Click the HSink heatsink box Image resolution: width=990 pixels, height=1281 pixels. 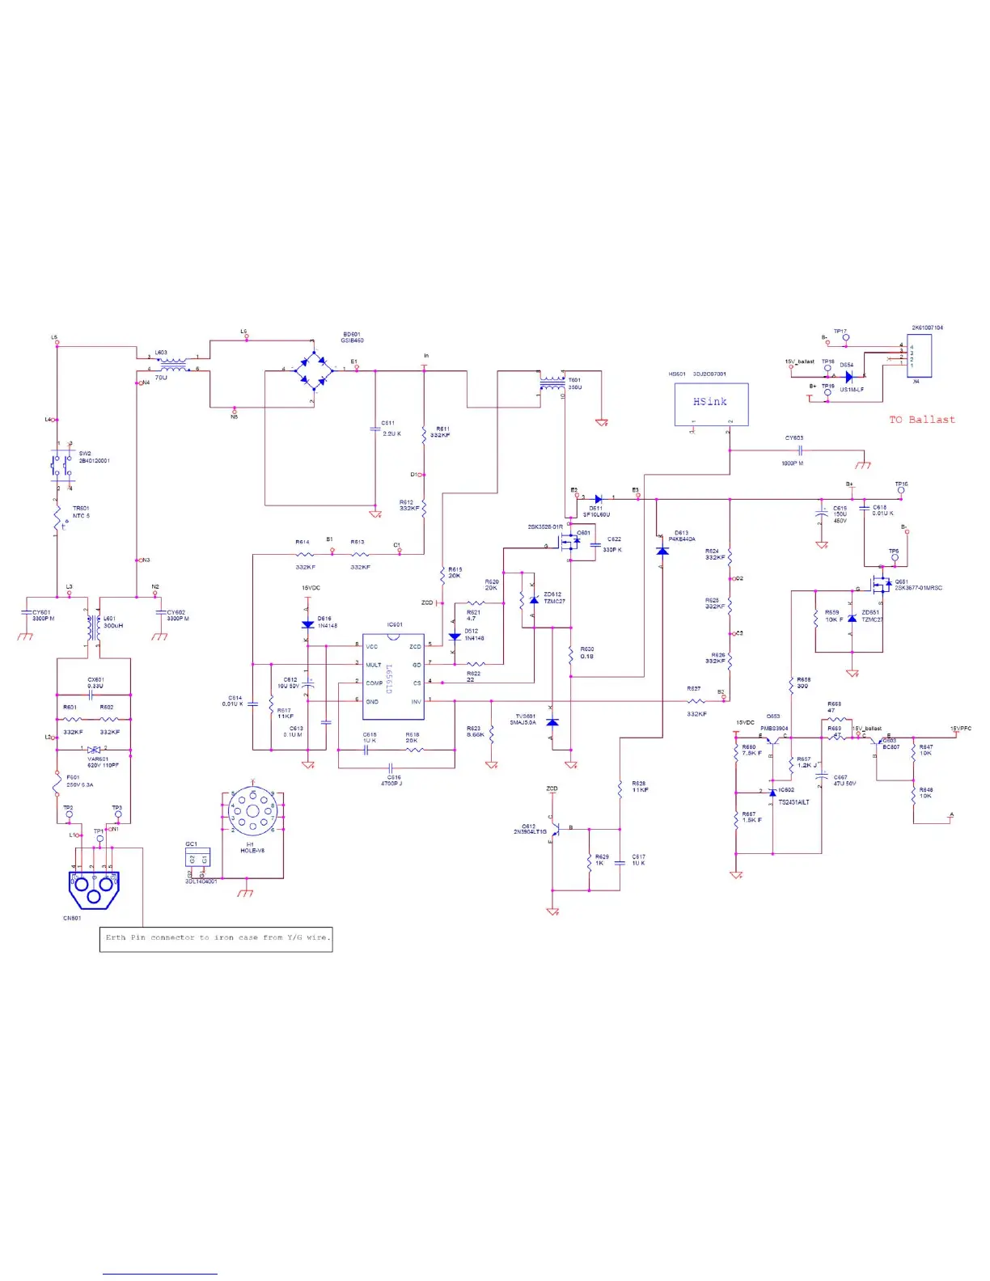(x=711, y=404)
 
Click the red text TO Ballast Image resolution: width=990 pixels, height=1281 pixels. (x=921, y=420)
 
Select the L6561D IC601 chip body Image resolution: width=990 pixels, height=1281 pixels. (x=393, y=676)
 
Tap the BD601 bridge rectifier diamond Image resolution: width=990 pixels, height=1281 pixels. (x=313, y=370)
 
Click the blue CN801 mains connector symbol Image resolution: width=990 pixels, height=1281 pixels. (x=93, y=890)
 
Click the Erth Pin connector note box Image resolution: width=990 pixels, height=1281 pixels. (x=216, y=938)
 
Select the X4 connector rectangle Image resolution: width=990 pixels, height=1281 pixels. (x=919, y=356)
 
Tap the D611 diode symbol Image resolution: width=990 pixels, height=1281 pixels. (x=598, y=499)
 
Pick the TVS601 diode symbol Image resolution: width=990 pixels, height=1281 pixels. (x=552, y=721)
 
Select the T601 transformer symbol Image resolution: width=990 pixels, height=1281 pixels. (x=552, y=384)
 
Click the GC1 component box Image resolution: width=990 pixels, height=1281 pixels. (x=197, y=859)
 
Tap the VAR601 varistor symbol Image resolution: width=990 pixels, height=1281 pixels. (x=94, y=750)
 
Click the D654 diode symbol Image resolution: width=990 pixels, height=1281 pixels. (x=848, y=377)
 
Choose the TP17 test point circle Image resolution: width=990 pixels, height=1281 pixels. (x=846, y=337)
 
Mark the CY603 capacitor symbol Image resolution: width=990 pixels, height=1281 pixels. (x=799, y=450)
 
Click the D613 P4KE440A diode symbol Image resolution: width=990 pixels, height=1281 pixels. (x=662, y=551)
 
